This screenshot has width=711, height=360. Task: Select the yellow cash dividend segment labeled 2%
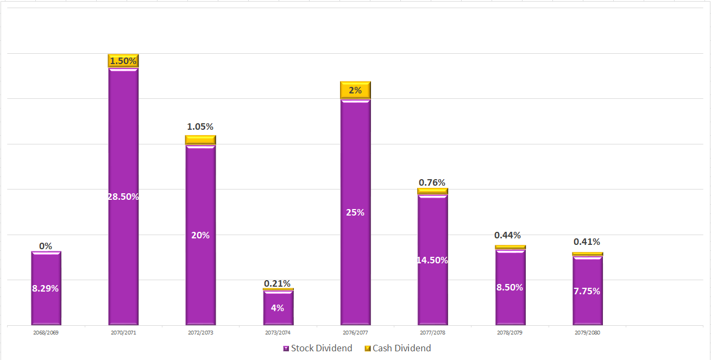355,90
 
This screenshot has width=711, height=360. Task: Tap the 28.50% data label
123,197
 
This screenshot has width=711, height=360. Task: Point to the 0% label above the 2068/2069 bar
46,246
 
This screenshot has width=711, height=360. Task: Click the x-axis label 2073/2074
278,332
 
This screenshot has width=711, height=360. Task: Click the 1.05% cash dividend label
200,127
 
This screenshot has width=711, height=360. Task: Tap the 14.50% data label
432,260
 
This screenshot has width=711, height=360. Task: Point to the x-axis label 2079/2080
587,332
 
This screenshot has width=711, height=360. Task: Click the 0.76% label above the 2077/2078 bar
432,182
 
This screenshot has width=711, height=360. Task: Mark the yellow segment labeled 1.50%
123,61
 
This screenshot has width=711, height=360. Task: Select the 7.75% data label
587,291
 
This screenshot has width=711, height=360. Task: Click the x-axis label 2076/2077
355,332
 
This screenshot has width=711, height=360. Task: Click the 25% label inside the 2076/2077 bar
355,212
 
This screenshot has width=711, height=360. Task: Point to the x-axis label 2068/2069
46,332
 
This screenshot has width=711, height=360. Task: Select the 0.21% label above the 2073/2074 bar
278,283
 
